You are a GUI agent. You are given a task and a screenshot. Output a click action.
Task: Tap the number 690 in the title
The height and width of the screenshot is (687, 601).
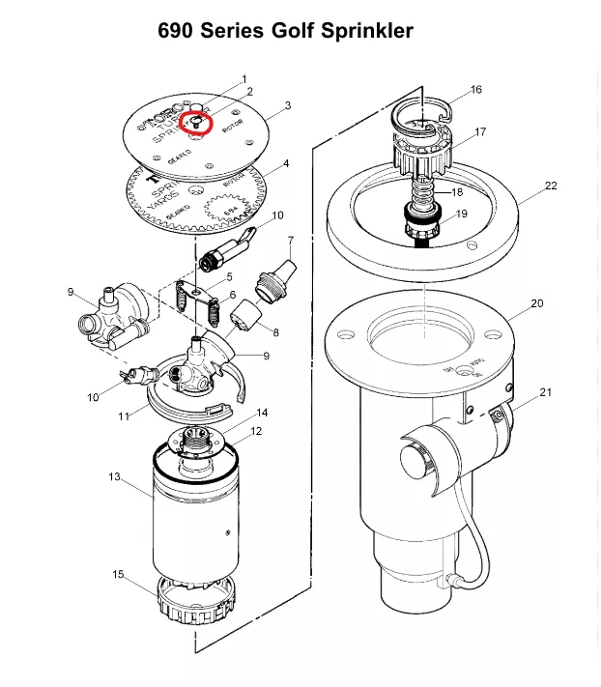coord(181,32)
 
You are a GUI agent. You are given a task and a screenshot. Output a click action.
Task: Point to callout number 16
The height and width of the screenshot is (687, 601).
coord(475,90)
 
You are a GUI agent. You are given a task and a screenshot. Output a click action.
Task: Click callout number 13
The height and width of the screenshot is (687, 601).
coord(114,477)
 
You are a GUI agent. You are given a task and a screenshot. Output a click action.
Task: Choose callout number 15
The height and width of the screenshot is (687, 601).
coord(118,574)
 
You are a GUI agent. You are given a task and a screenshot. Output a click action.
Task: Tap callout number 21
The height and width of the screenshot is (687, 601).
coord(546,391)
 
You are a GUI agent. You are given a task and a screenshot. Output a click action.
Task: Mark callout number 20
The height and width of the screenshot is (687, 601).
coord(536,303)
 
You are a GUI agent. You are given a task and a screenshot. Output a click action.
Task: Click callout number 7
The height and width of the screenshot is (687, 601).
coord(290,240)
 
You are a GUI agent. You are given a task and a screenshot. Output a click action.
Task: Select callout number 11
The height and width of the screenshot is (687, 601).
coord(123,416)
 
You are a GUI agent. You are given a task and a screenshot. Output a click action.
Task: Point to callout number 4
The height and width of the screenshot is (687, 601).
coord(286,163)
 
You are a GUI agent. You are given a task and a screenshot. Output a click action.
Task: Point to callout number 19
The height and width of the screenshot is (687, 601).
coord(461,214)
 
